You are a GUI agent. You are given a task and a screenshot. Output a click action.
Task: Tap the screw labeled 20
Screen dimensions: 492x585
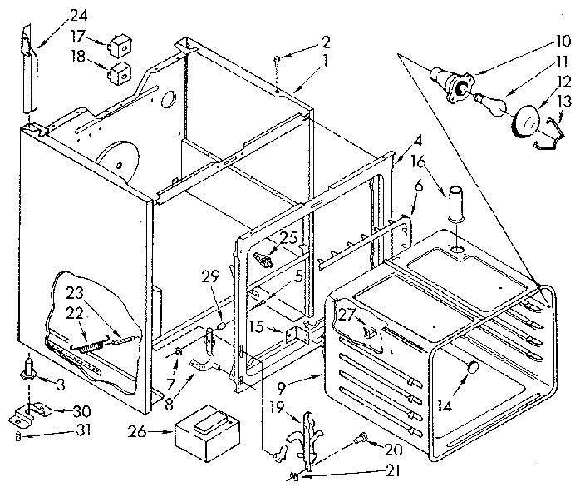pyautogui.click(x=361, y=437)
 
